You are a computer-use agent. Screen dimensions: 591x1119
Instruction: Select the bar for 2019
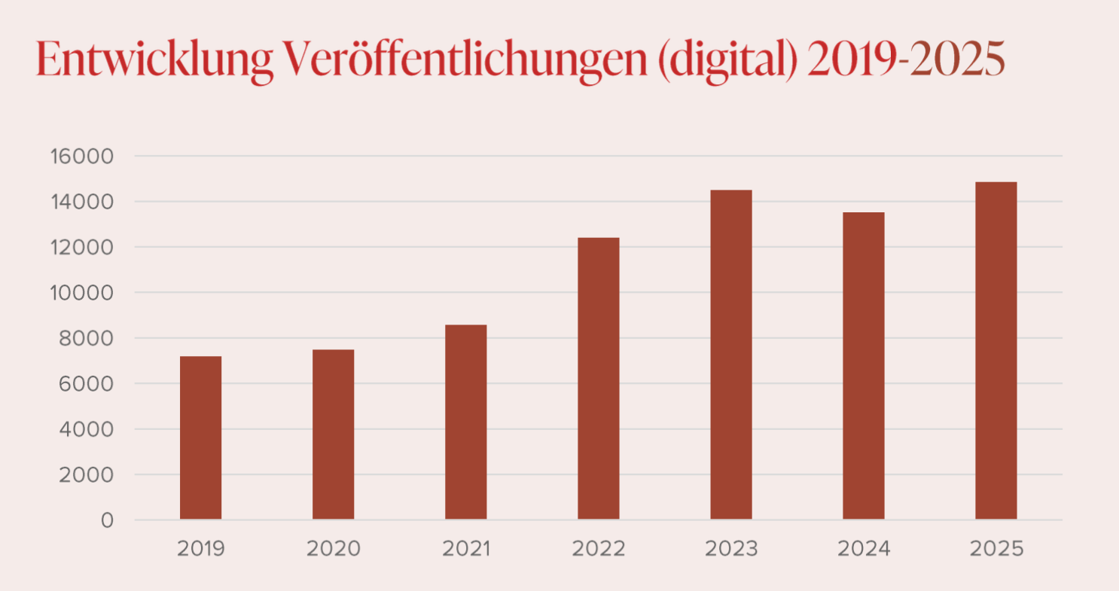pyautogui.click(x=200, y=437)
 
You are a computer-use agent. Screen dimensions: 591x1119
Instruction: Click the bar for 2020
pyautogui.click(x=333, y=434)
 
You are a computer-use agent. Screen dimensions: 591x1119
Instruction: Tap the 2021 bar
pyautogui.click(x=465, y=422)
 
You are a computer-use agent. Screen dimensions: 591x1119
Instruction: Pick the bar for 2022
pyautogui.click(x=598, y=378)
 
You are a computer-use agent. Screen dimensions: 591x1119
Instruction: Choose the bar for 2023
pyautogui.click(x=730, y=355)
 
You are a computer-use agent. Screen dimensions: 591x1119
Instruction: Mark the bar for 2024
pyautogui.click(x=863, y=366)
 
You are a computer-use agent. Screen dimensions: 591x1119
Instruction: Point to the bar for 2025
pyautogui.click(x=996, y=351)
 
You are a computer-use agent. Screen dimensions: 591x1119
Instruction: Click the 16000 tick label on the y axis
pyautogui.click(x=81, y=157)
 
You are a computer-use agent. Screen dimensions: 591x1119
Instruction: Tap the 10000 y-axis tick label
pyautogui.click(x=81, y=293)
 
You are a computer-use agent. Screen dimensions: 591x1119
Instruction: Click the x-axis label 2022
pyautogui.click(x=598, y=549)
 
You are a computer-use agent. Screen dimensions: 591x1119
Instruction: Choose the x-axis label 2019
pyautogui.click(x=200, y=549)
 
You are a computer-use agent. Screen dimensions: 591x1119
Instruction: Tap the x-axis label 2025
pyautogui.click(x=996, y=549)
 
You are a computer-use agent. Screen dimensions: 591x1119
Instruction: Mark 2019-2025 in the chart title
pyautogui.click(x=905, y=60)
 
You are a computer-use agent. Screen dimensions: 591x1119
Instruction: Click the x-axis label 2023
pyautogui.click(x=730, y=549)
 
